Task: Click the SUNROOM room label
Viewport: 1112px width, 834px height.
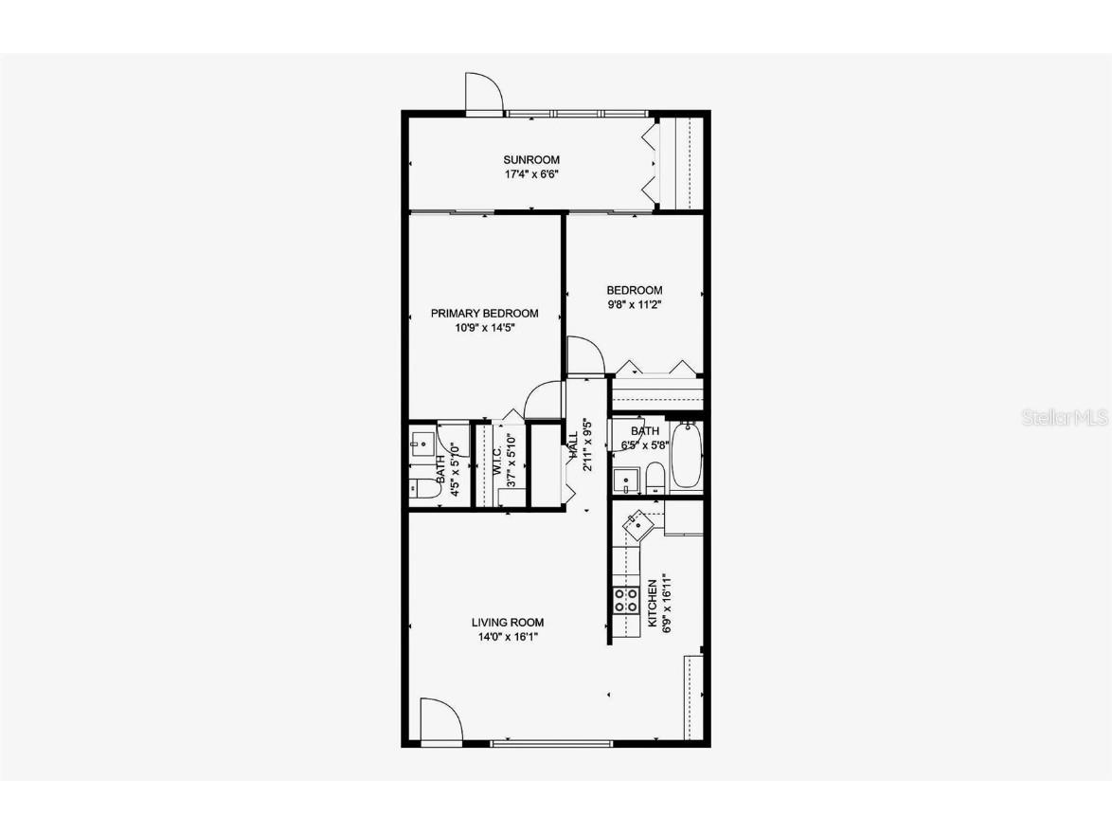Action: click(531, 159)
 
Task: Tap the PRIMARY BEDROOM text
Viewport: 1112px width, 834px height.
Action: click(484, 314)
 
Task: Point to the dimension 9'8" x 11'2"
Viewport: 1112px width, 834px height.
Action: click(635, 305)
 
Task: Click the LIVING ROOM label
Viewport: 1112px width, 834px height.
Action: click(508, 623)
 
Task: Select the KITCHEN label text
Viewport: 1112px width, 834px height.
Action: click(653, 604)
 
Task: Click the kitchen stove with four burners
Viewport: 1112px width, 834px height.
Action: click(625, 599)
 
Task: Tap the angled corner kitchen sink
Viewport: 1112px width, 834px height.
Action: click(636, 520)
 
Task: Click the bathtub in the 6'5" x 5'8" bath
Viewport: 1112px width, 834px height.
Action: click(685, 457)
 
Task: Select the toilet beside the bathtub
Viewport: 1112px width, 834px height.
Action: click(655, 476)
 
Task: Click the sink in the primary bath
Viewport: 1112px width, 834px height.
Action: click(421, 443)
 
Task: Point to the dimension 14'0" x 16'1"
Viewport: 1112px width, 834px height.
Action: click(508, 637)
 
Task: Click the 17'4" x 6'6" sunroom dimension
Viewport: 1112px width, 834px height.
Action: click(531, 174)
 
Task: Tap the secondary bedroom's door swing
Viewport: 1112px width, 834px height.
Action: click(583, 355)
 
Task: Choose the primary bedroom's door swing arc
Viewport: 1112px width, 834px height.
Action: click(545, 399)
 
